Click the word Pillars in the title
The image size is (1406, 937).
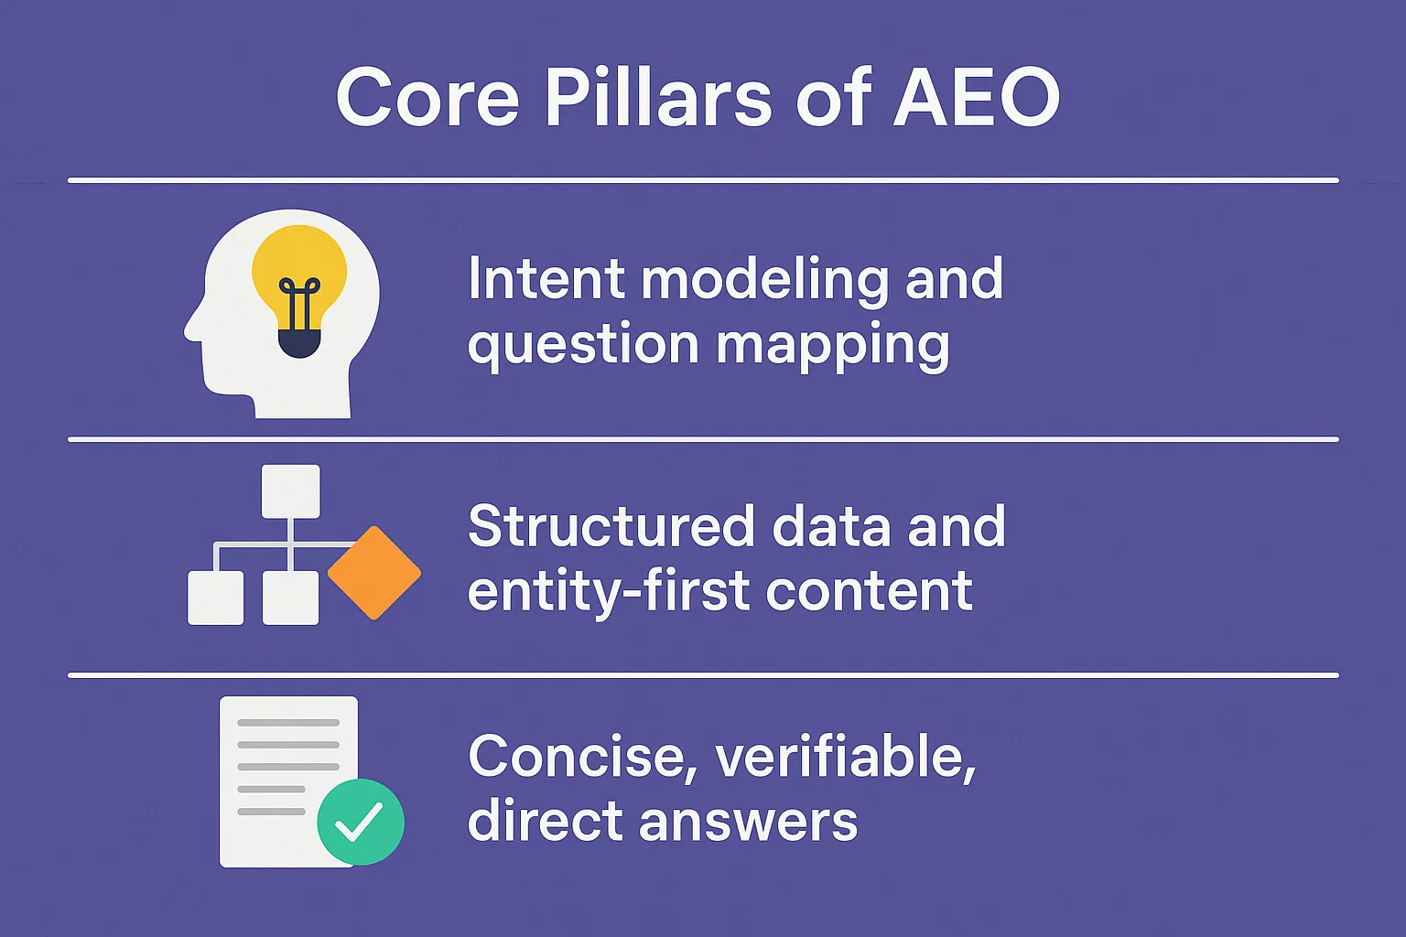tap(658, 97)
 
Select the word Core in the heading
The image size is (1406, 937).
tap(427, 97)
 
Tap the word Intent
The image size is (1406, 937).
tap(546, 278)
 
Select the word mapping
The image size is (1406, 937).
tap(832, 346)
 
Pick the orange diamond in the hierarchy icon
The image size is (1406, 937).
tap(373, 573)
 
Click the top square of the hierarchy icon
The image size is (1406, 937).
tap(290, 491)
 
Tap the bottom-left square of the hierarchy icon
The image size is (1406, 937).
tap(216, 598)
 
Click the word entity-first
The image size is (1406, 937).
tap(608, 591)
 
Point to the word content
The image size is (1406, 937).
tap(869, 591)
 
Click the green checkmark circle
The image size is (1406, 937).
tap(360, 822)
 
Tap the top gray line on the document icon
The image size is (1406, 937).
tap(288, 723)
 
